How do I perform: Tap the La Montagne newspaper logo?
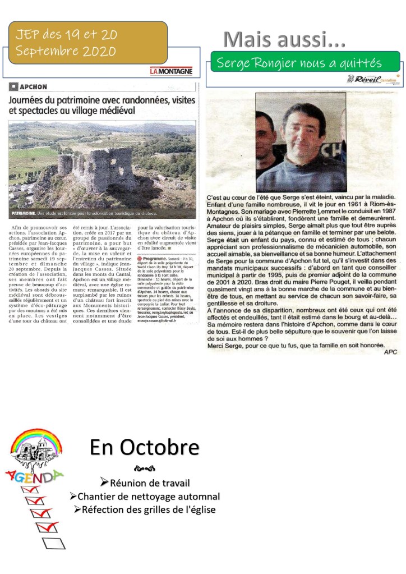[x=171, y=71]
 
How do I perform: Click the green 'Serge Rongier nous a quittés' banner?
[x=304, y=63]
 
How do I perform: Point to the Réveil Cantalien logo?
[x=375, y=80]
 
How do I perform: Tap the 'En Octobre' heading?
[x=144, y=448]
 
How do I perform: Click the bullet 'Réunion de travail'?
[x=145, y=483]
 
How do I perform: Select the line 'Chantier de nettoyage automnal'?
[x=145, y=497]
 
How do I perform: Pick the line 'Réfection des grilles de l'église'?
[x=145, y=509]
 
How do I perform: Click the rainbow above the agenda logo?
[x=33, y=439]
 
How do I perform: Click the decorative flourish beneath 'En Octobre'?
[x=144, y=469]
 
